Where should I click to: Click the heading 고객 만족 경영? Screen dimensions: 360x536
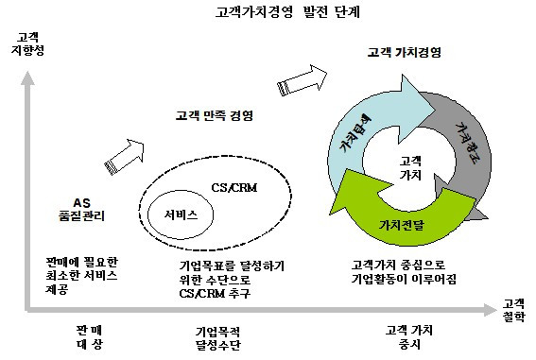click(x=218, y=116)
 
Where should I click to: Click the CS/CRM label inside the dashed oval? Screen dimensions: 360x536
click(x=233, y=187)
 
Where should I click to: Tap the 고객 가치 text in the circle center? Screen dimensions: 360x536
click(x=411, y=167)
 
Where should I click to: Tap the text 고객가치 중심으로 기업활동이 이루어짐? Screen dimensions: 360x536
click(x=405, y=272)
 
